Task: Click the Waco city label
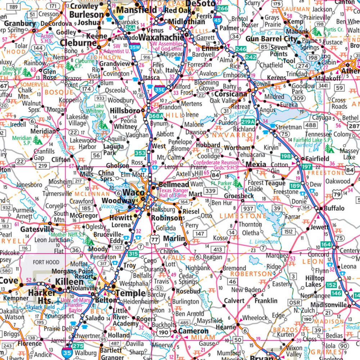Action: click(132, 192)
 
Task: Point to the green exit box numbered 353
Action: click(140, 154)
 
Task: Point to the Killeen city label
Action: click(70, 282)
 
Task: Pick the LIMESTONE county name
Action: click(241, 215)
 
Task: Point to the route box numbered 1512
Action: click(288, 232)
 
